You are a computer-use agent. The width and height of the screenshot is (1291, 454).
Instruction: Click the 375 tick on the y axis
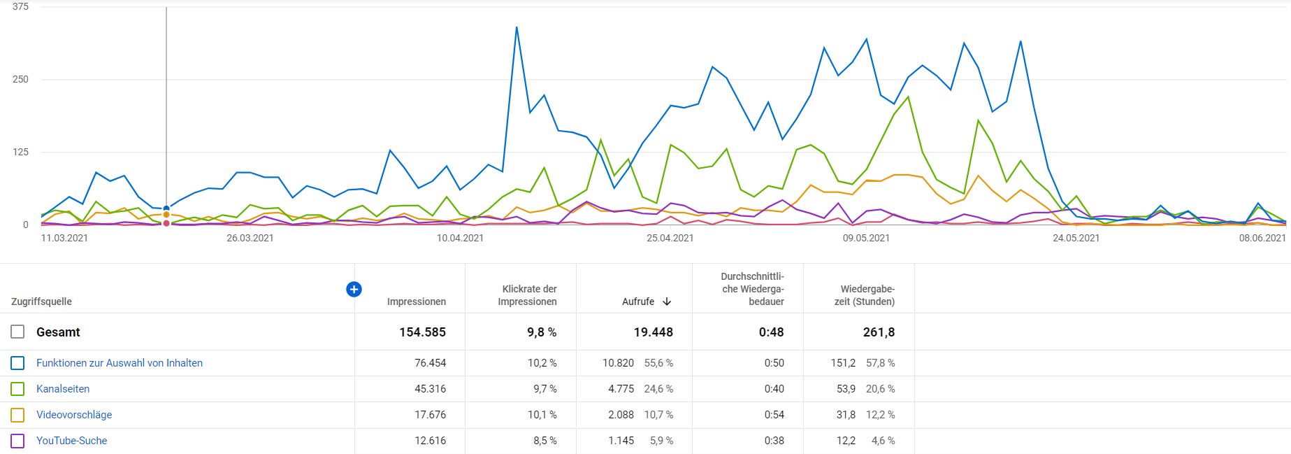(x=20, y=7)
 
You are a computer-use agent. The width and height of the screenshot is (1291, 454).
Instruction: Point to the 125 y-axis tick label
(x=20, y=152)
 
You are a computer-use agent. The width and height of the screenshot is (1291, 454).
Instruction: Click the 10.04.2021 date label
(x=460, y=238)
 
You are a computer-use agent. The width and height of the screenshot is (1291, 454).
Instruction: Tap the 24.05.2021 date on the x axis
(x=1076, y=238)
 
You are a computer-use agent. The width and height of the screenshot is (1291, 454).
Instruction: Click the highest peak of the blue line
(x=516, y=28)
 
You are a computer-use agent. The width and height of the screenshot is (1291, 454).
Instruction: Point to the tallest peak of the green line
(x=907, y=97)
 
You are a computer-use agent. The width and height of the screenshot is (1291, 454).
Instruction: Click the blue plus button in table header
(x=354, y=289)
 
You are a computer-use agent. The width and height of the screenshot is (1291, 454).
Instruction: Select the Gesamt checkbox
(x=17, y=332)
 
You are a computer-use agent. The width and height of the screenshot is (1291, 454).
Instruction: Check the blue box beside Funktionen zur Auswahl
(x=17, y=363)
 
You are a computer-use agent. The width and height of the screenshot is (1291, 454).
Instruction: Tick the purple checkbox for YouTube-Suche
(x=17, y=441)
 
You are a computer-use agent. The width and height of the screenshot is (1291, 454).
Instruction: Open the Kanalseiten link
(x=63, y=389)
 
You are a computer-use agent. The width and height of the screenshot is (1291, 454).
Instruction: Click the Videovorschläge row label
(x=74, y=415)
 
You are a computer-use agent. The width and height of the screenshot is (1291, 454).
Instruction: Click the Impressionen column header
(x=416, y=302)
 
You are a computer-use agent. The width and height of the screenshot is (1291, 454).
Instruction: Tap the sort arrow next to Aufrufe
(x=667, y=302)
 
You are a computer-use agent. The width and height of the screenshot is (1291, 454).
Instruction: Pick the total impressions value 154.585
(x=422, y=332)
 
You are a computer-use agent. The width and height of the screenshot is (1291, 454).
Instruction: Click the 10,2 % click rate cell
(x=542, y=363)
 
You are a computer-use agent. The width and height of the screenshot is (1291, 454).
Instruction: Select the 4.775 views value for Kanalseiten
(x=621, y=389)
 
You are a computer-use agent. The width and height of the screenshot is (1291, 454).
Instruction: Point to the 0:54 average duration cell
(x=774, y=415)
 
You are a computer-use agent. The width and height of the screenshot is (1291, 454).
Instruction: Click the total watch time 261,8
(x=879, y=332)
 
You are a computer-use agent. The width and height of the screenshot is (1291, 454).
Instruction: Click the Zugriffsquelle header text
(x=41, y=302)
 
